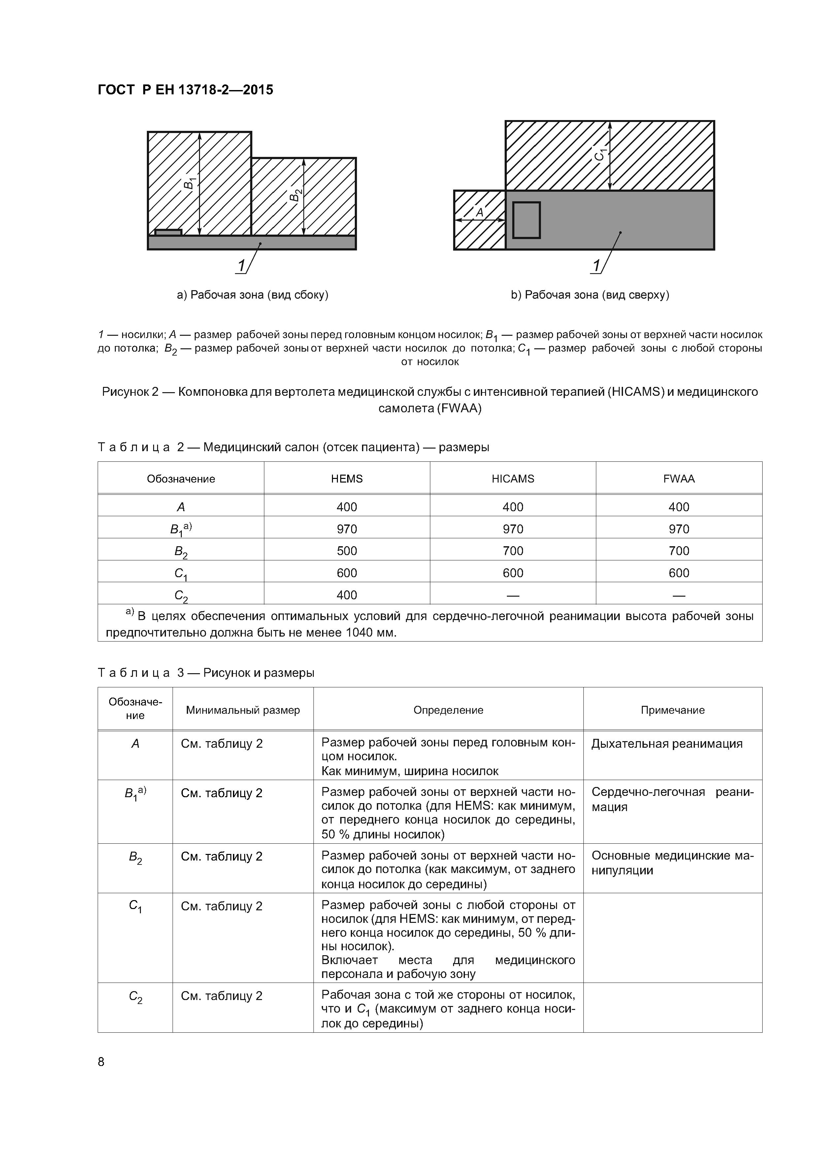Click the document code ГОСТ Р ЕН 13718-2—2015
[x=185, y=90]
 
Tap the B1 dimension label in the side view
[x=189, y=182]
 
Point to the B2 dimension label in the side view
[x=295, y=194]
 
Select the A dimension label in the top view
[x=479, y=213]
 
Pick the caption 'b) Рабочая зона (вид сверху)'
[x=590, y=295]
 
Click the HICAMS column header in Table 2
[x=512, y=479]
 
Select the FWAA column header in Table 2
[x=678, y=479]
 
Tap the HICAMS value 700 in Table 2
[x=512, y=551]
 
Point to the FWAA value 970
[x=678, y=529]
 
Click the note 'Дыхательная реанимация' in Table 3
[x=667, y=743]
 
